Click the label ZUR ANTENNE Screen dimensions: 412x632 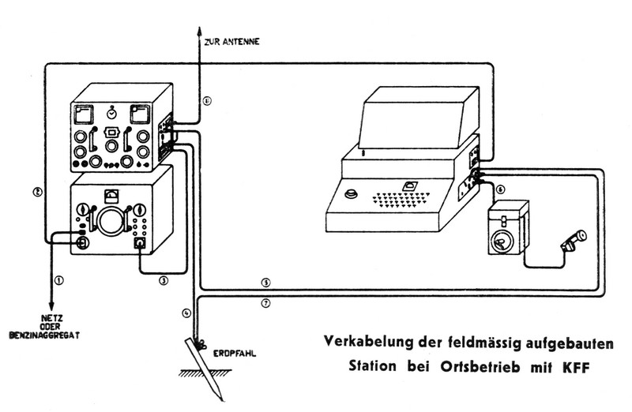[230, 39]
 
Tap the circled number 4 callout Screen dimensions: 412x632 [186, 313]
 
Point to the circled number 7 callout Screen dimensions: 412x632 [266, 304]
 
